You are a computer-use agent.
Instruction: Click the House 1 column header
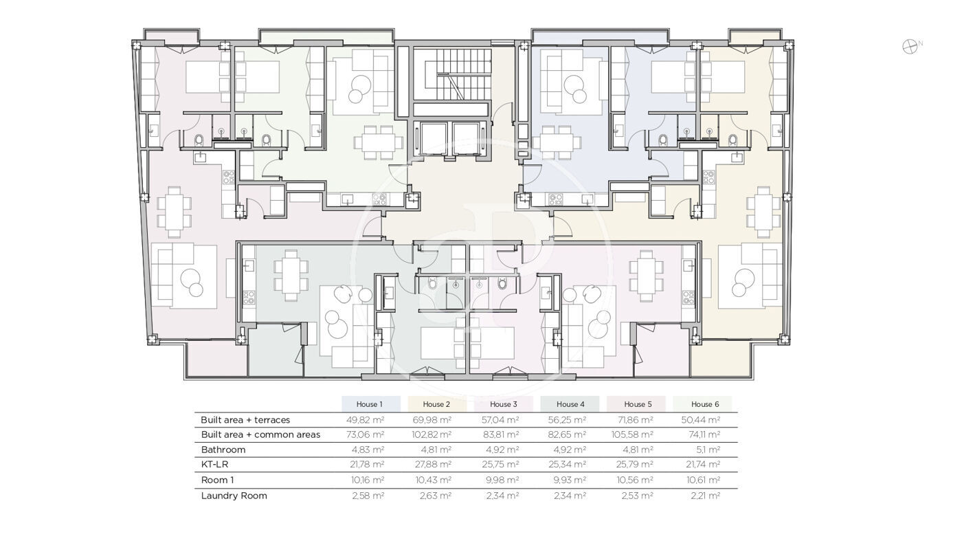pos(370,404)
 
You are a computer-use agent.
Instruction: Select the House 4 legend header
pos(570,404)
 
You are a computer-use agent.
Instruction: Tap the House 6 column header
pos(705,404)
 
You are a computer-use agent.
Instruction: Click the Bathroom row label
pos(223,450)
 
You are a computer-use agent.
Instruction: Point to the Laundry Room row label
pos(234,496)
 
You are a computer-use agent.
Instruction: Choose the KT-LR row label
pos(214,464)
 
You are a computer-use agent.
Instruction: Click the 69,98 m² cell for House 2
pos(432,419)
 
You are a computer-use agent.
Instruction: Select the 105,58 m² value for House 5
pos(632,434)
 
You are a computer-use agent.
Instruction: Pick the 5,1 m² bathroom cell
pos(705,450)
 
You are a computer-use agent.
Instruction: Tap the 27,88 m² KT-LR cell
pos(432,464)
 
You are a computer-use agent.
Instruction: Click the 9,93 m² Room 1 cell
pos(570,480)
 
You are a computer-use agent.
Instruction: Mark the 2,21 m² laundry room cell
pos(705,496)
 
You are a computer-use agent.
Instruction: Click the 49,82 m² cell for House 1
pos(365,419)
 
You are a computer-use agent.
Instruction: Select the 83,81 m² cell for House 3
pos(501,434)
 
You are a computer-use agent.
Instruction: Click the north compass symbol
pos(910,47)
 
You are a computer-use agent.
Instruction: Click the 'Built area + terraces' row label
pos(245,419)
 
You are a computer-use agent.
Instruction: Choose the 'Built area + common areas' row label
pos(260,434)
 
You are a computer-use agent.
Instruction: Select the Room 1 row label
pos(217,480)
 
